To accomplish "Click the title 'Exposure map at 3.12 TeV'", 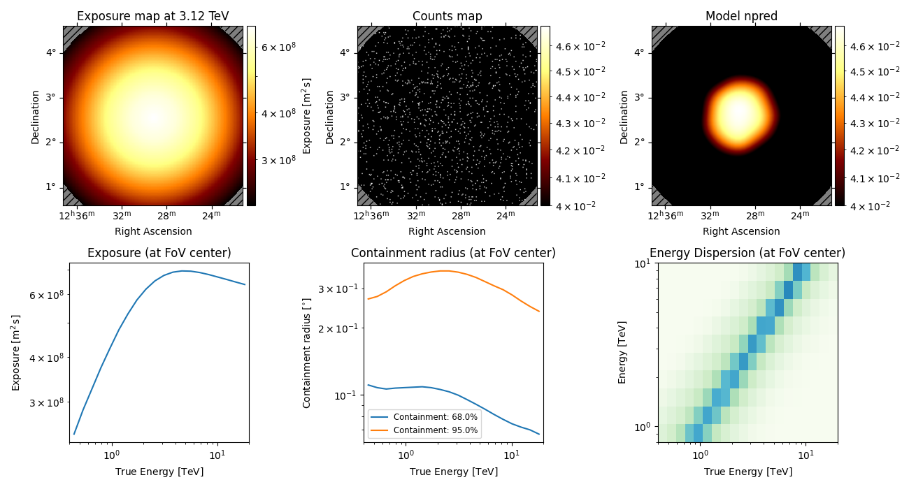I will (x=152, y=16).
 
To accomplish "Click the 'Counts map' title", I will (x=447, y=16).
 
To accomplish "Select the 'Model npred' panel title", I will (x=741, y=16).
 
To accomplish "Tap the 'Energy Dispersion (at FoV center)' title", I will (x=747, y=253).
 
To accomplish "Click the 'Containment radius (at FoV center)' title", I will (x=453, y=253).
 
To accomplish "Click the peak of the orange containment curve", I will (x=443, y=271).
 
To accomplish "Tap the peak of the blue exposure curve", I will (x=183, y=271).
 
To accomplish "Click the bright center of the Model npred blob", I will (x=740, y=112).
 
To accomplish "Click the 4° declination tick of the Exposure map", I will (x=50, y=52).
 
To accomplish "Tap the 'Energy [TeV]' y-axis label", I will (x=622, y=352).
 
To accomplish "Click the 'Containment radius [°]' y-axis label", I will (x=306, y=352).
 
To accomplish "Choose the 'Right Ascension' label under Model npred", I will (x=741, y=231).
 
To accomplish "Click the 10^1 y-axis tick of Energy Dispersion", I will (x=641, y=264).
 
